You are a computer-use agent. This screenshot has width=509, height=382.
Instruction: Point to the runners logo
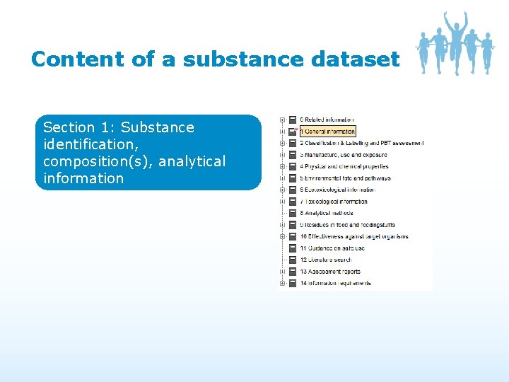pyautogui.click(x=455, y=44)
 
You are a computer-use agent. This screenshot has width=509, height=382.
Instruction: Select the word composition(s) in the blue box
pyautogui.click(x=98, y=161)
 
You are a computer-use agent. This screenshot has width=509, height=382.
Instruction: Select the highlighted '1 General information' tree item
pyautogui.click(x=327, y=131)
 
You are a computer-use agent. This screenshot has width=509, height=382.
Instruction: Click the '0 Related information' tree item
pyautogui.click(x=328, y=120)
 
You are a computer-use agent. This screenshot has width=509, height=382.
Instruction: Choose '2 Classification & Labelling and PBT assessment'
pyautogui.click(x=361, y=143)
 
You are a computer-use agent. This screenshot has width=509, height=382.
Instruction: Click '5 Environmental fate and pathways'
pyautogui.click(x=345, y=178)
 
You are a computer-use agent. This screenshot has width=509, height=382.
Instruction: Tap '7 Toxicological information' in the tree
pyautogui.click(x=334, y=202)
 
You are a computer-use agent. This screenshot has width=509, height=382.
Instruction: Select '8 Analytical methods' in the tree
pyautogui.click(x=327, y=213)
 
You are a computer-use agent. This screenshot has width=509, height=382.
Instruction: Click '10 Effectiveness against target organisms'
pyautogui.click(x=354, y=236)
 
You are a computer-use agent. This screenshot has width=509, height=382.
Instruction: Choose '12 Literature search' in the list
pyautogui.click(x=326, y=260)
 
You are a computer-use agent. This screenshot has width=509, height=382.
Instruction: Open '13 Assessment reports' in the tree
pyautogui.click(x=330, y=272)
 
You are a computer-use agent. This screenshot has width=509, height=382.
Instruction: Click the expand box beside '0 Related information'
pyautogui.click(x=283, y=120)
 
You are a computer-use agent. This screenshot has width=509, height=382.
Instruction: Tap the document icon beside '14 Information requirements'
pyautogui.click(x=293, y=283)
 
